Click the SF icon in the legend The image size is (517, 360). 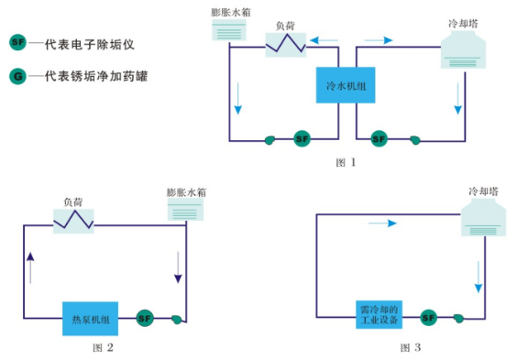point(16,42)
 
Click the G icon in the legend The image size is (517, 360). point(16,76)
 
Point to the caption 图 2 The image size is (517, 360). point(103,347)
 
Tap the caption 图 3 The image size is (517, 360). point(411,347)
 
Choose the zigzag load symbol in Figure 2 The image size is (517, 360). point(73,220)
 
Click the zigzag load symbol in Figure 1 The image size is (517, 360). point(286,41)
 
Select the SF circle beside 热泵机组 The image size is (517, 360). point(145,318)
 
